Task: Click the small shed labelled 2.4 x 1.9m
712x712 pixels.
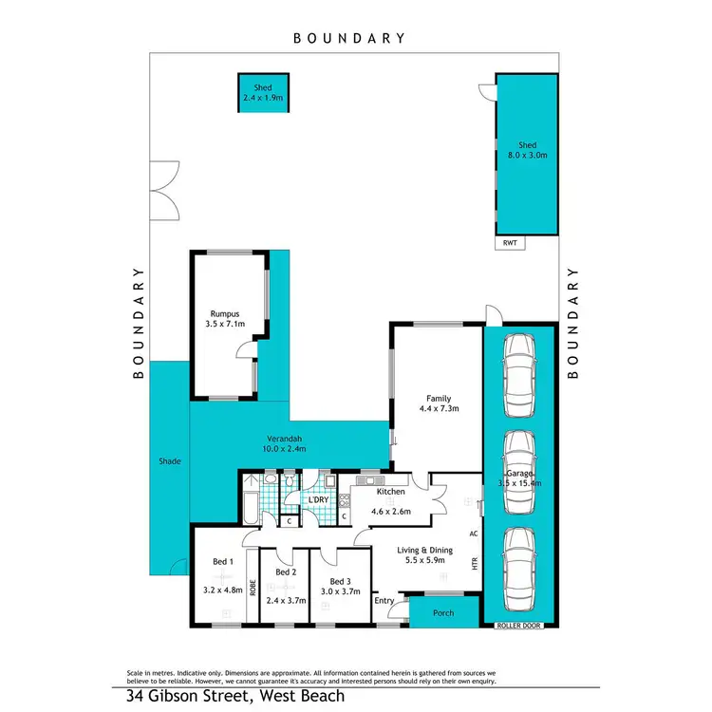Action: pyautogui.click(x=263, y=92)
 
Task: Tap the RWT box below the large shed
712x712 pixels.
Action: pyautogui.click(x=509, y=243)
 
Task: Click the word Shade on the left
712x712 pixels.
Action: pyautogui.click(x=169, y=461)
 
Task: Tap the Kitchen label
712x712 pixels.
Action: pyautogui.click(x=390, y=492)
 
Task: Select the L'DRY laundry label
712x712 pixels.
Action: pyautogui.click(x=316, y=499)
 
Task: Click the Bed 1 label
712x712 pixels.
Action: pyautogui.click(x=224, y=563)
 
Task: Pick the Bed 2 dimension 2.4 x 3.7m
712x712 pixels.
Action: pyautogui.click(x=285, y=601)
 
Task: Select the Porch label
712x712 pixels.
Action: pyautogui.click(x=442, y=612)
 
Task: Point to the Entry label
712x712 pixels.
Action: pyautogui.click(x=384, y=600)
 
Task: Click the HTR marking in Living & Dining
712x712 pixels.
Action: pyautogui.click(x=475, y=563)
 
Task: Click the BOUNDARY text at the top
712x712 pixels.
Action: pyautogui.click(x=348, y=38)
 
